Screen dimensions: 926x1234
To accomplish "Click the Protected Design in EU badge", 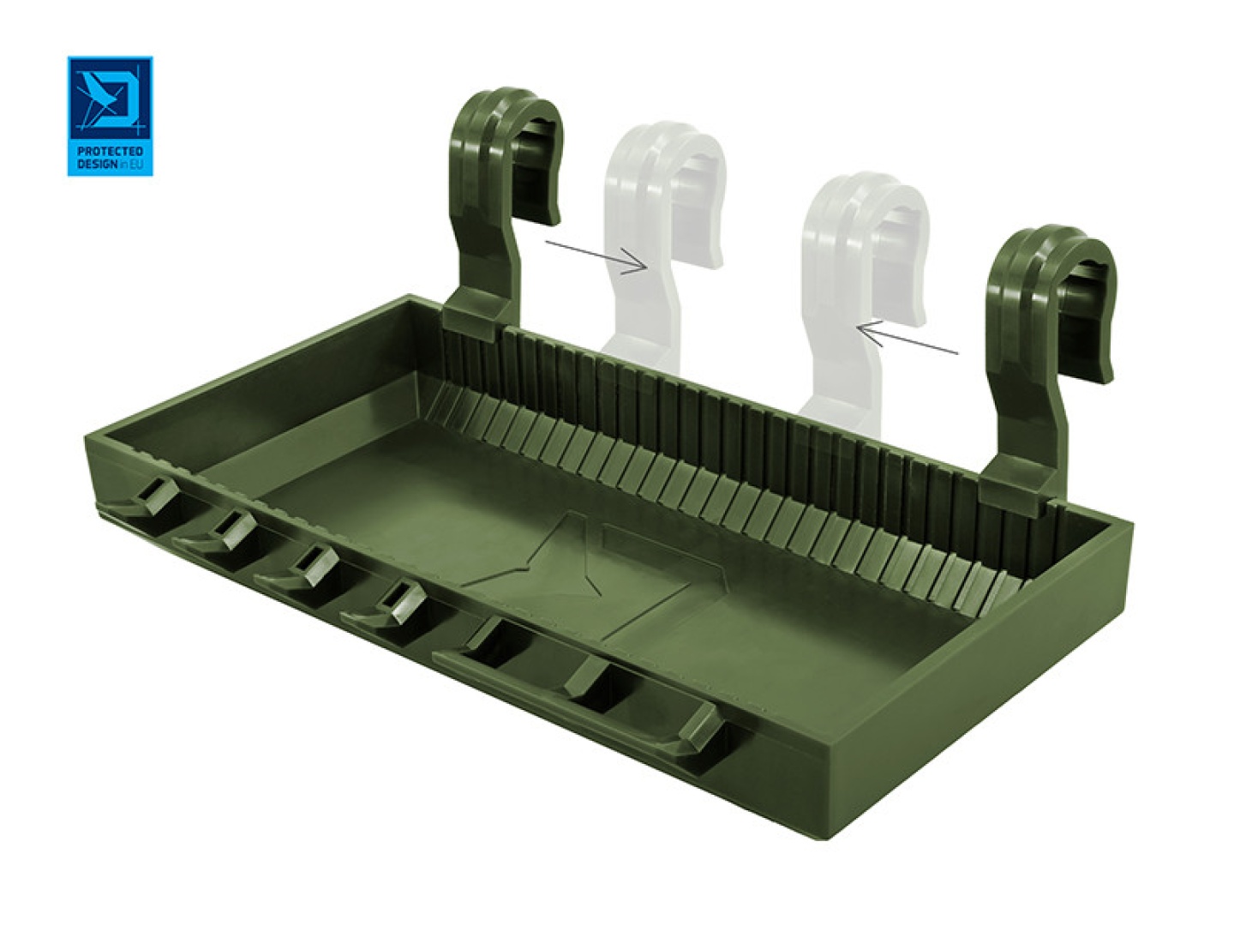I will [110, 116].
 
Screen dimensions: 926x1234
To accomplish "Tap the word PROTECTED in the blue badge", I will [110, 152].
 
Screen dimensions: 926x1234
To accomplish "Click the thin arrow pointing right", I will [596, 256].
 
